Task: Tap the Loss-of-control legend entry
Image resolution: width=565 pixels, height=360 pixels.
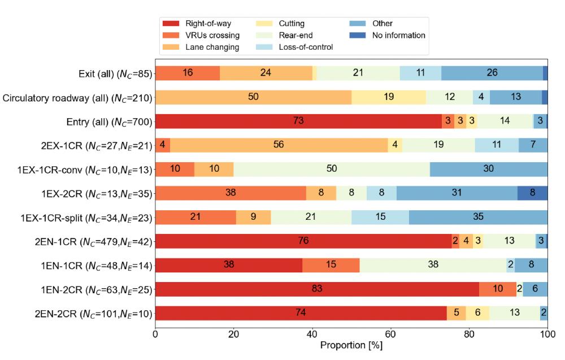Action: [306, 47]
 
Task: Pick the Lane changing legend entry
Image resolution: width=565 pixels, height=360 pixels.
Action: [212, 47]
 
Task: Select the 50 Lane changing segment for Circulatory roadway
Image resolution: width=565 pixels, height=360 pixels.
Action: [253, 97]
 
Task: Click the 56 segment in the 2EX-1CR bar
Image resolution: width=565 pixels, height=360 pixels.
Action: [279, 145]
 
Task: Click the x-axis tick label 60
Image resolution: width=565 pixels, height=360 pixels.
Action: [390, 335]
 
